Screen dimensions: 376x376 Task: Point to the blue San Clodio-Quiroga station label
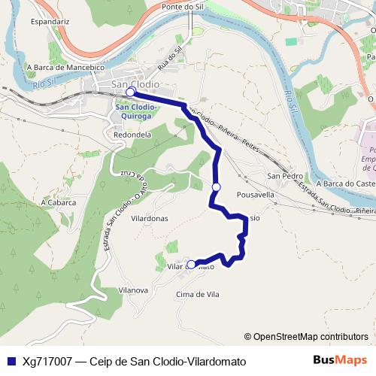click(x=135, y=111)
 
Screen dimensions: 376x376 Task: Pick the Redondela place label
click(x=131, y=135)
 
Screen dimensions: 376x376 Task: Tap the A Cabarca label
click(x=59, y=202)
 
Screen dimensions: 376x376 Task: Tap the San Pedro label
click(x=284, y=177)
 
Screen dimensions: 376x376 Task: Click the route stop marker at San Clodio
click(x=129, y=92)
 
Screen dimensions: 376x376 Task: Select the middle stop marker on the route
click(x=216, y=186)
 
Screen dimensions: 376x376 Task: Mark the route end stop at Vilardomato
click(x=191, y=264)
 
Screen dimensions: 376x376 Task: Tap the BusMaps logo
click(x=339, y=360)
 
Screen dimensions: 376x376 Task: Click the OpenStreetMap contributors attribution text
click(x=306, y=336)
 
